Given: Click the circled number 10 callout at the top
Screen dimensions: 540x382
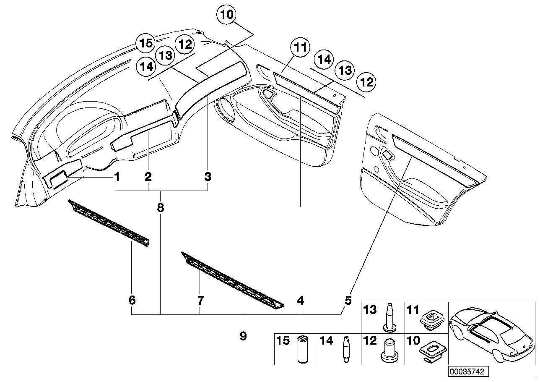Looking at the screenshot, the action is pos(227,14).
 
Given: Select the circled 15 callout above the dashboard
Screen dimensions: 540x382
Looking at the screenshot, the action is pos(146,43).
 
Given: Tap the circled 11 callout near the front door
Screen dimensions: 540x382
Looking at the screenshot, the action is pos(300,47).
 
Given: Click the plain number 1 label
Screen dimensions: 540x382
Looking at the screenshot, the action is pos(117,177).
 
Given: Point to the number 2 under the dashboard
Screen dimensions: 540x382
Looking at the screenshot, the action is pos(148,177).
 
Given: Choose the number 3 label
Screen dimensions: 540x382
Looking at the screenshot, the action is pos(208,177).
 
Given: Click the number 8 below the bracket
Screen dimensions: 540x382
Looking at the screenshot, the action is pos(161,207).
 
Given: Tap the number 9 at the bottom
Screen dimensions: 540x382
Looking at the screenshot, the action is pos(243,336).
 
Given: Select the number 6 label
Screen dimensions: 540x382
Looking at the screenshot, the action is pos(132,300).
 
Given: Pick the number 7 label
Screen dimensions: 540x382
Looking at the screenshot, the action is pos(200,300).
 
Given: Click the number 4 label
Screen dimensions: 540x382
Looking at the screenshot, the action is pos(300,301).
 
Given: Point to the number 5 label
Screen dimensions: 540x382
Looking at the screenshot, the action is pos(348,301).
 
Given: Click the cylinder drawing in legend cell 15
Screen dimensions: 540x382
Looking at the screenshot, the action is pos(302,349).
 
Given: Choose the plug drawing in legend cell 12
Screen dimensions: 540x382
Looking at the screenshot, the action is pos(389,351).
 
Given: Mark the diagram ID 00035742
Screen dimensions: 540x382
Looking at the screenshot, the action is pos(468,371).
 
